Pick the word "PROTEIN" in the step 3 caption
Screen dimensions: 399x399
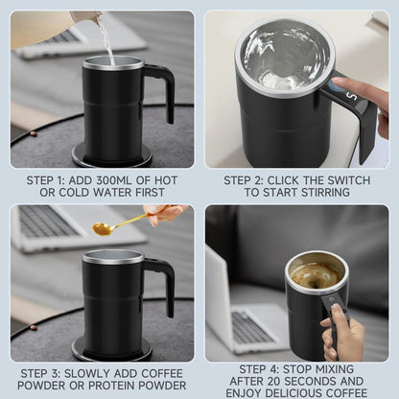coord(109,387)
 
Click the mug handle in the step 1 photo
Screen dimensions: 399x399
coord(161,91)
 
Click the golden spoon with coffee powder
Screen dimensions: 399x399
coord(110,228)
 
